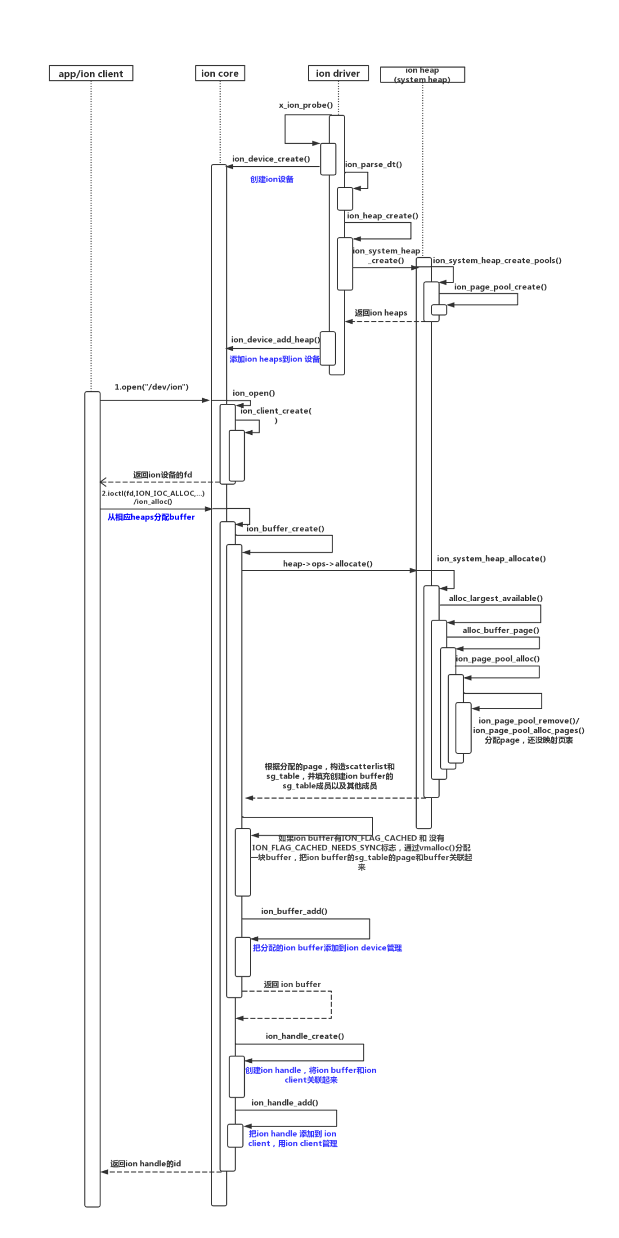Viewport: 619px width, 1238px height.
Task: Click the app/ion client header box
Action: pos(91,73)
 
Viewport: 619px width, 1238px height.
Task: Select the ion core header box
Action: pos(220,73)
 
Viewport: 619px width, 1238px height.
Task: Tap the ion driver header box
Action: pos(338,73)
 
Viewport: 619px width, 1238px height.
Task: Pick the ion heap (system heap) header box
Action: pos(422,74)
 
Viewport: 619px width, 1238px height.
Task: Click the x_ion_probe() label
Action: pos(305,105)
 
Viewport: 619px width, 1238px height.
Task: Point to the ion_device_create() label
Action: pos(271,159)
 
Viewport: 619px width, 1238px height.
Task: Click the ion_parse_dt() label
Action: pos(373,164)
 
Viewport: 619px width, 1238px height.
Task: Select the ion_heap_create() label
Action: pos(382,216)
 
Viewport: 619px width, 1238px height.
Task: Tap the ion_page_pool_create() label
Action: pos(500,287)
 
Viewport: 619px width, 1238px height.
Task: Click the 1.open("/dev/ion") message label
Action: pos(151,387)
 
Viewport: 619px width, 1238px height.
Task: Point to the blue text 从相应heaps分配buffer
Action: pos(151,517)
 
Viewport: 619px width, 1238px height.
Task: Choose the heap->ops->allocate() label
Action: pos(327,564)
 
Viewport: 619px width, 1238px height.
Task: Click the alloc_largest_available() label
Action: pos(495,598)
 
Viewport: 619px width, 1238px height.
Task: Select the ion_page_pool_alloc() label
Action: pos(497,659)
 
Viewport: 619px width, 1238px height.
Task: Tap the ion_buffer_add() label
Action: pos(294,911)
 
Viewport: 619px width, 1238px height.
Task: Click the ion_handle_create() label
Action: pos(304,1036)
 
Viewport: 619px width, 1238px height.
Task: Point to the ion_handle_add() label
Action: pos(284,1102)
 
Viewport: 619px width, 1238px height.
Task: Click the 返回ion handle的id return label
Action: pos(146,1164)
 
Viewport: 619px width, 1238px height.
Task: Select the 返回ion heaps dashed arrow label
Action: pos(381,313)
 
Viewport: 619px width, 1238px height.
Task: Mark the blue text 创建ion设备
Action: pos(272,179)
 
